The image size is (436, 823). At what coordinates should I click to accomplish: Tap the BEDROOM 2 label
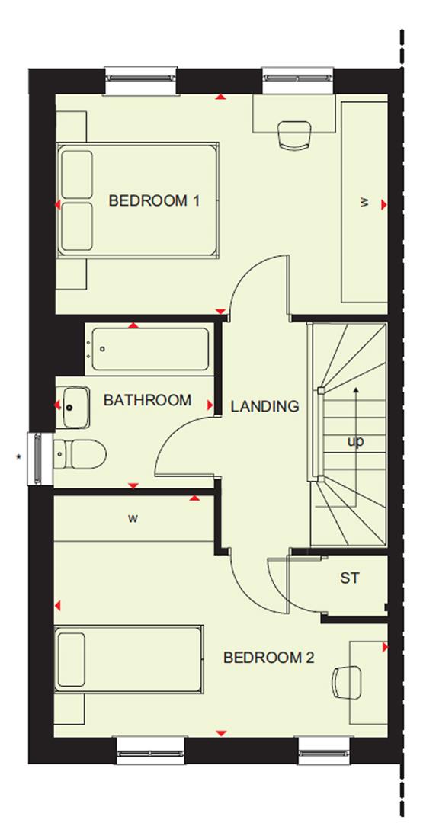click(x=268, y=658)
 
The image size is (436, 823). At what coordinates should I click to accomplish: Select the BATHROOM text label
click(x=147, y=400)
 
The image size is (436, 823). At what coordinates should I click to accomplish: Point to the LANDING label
click(x=264, y=407)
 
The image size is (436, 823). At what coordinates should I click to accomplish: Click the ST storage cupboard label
click(x=349, y=578)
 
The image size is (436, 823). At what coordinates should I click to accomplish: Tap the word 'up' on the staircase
click(x=355, y=441)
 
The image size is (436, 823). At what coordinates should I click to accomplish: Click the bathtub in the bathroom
click(x=149, y=350)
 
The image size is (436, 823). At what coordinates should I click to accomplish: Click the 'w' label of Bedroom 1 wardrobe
click(x=364, y=203)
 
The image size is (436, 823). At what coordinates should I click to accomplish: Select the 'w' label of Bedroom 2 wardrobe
click(x=133, y=519)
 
